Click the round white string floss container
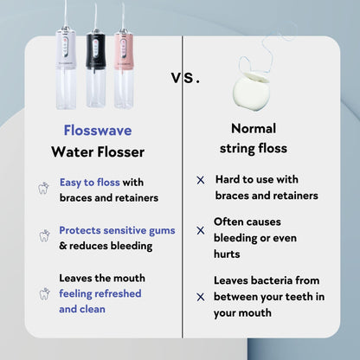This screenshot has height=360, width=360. tap(254, 84)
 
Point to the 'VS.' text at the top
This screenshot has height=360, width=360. tap(183, 77)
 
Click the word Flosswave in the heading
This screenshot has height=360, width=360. tap(96, 131)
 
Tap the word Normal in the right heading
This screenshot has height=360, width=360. tap(254, 128)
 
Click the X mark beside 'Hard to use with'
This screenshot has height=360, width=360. tap(200, 180)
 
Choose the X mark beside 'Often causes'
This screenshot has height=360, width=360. tap(200, 231)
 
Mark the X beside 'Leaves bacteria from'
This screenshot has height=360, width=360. tap(200, 295)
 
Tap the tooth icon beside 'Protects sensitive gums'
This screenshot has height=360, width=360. tap(43, 235)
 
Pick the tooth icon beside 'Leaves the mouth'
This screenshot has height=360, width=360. tap(43, 293)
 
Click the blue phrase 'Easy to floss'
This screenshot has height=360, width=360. tap(89, 183)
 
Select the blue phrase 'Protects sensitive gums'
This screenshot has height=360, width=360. tap(117, 231)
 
